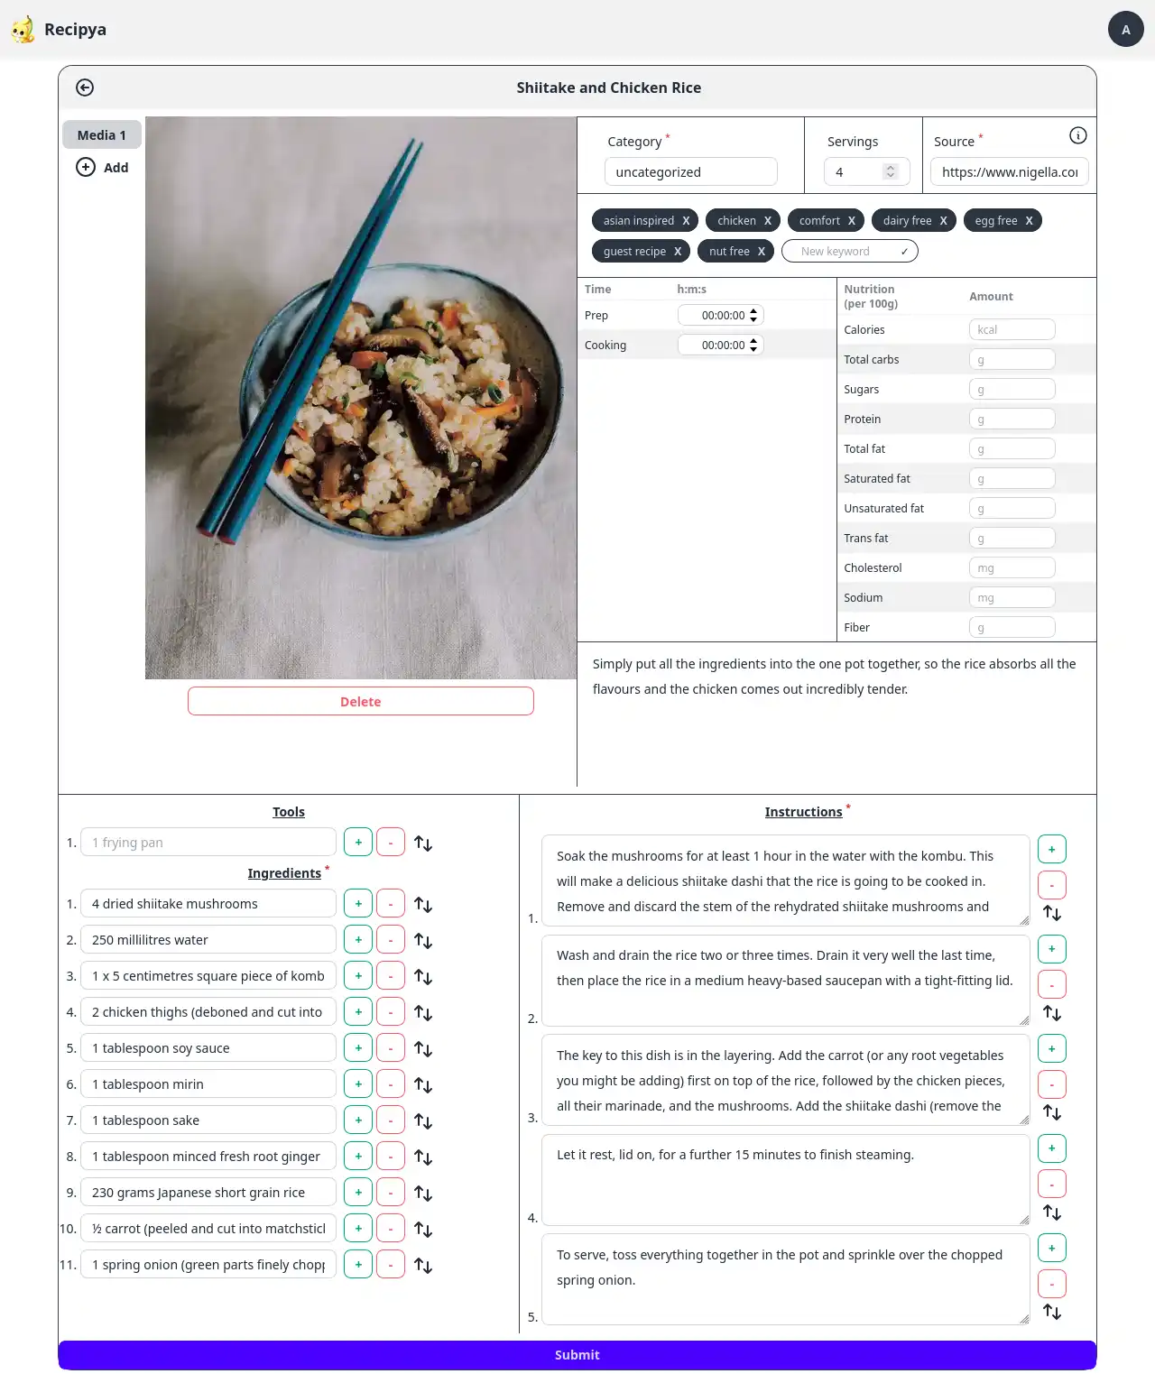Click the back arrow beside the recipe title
tap(85, 88)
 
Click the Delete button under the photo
tap(360, 701)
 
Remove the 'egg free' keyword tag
tap(1029, 221)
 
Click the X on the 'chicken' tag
tap(768, 221)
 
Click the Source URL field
tap(1009, 171)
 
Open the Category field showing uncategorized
tap(690, 171)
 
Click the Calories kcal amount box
tap(1012, 329)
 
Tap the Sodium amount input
tap(1012, 597)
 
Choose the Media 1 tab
tap(102, 134)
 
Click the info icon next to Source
tap(1077, 135)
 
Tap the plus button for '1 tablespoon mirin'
tap(358, 1083)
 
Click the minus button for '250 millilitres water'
tap(391, 939)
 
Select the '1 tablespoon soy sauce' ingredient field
tap(208, 1047)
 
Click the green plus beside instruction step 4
tap(1051, 1148)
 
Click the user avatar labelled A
tap(1125, 29)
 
